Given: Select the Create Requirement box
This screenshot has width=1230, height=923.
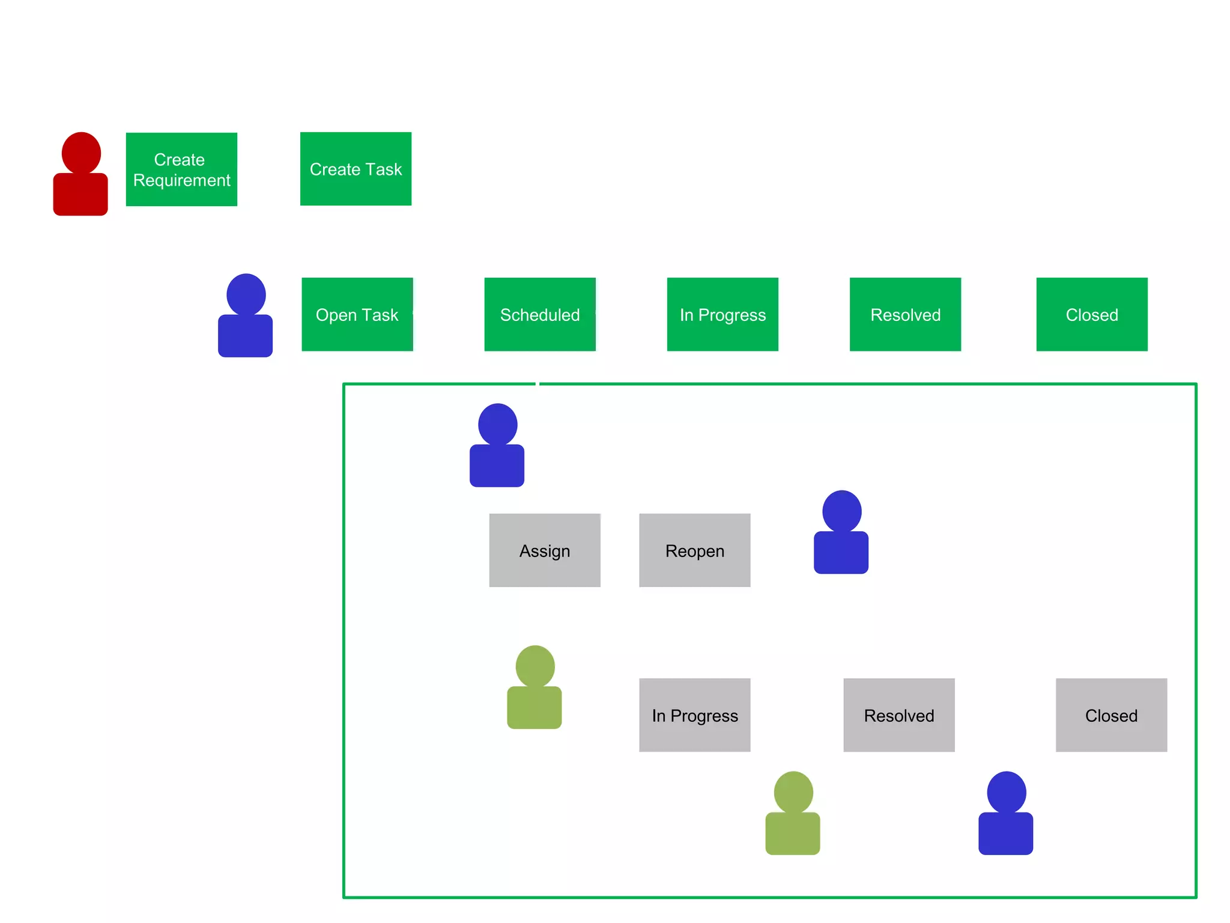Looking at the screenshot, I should (x=181, y=169).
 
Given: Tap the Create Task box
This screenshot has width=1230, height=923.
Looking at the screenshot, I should (x=356, y=169).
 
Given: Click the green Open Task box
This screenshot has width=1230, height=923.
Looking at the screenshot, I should (x=357, y=314).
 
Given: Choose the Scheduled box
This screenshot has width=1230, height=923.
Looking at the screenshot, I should (x=540, y=314).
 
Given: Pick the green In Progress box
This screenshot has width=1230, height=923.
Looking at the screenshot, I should (x=723, y=314).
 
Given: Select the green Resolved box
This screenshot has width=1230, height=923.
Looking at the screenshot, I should (x=905, y=314).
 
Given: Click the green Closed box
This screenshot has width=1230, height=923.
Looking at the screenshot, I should (x=1092, y=314).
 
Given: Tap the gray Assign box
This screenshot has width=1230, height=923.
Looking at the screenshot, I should (x=545, y=550).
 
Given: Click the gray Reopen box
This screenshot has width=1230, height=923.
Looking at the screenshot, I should (x=695, y=550).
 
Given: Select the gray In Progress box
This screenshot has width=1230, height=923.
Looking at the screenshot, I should (x=695, y=715).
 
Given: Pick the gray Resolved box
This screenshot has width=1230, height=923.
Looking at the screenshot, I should (x=899, y=715).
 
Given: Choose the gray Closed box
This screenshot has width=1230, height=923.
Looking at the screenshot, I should (x=1111, y=715).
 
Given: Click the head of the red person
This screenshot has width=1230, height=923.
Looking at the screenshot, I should (x=81, y=153).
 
